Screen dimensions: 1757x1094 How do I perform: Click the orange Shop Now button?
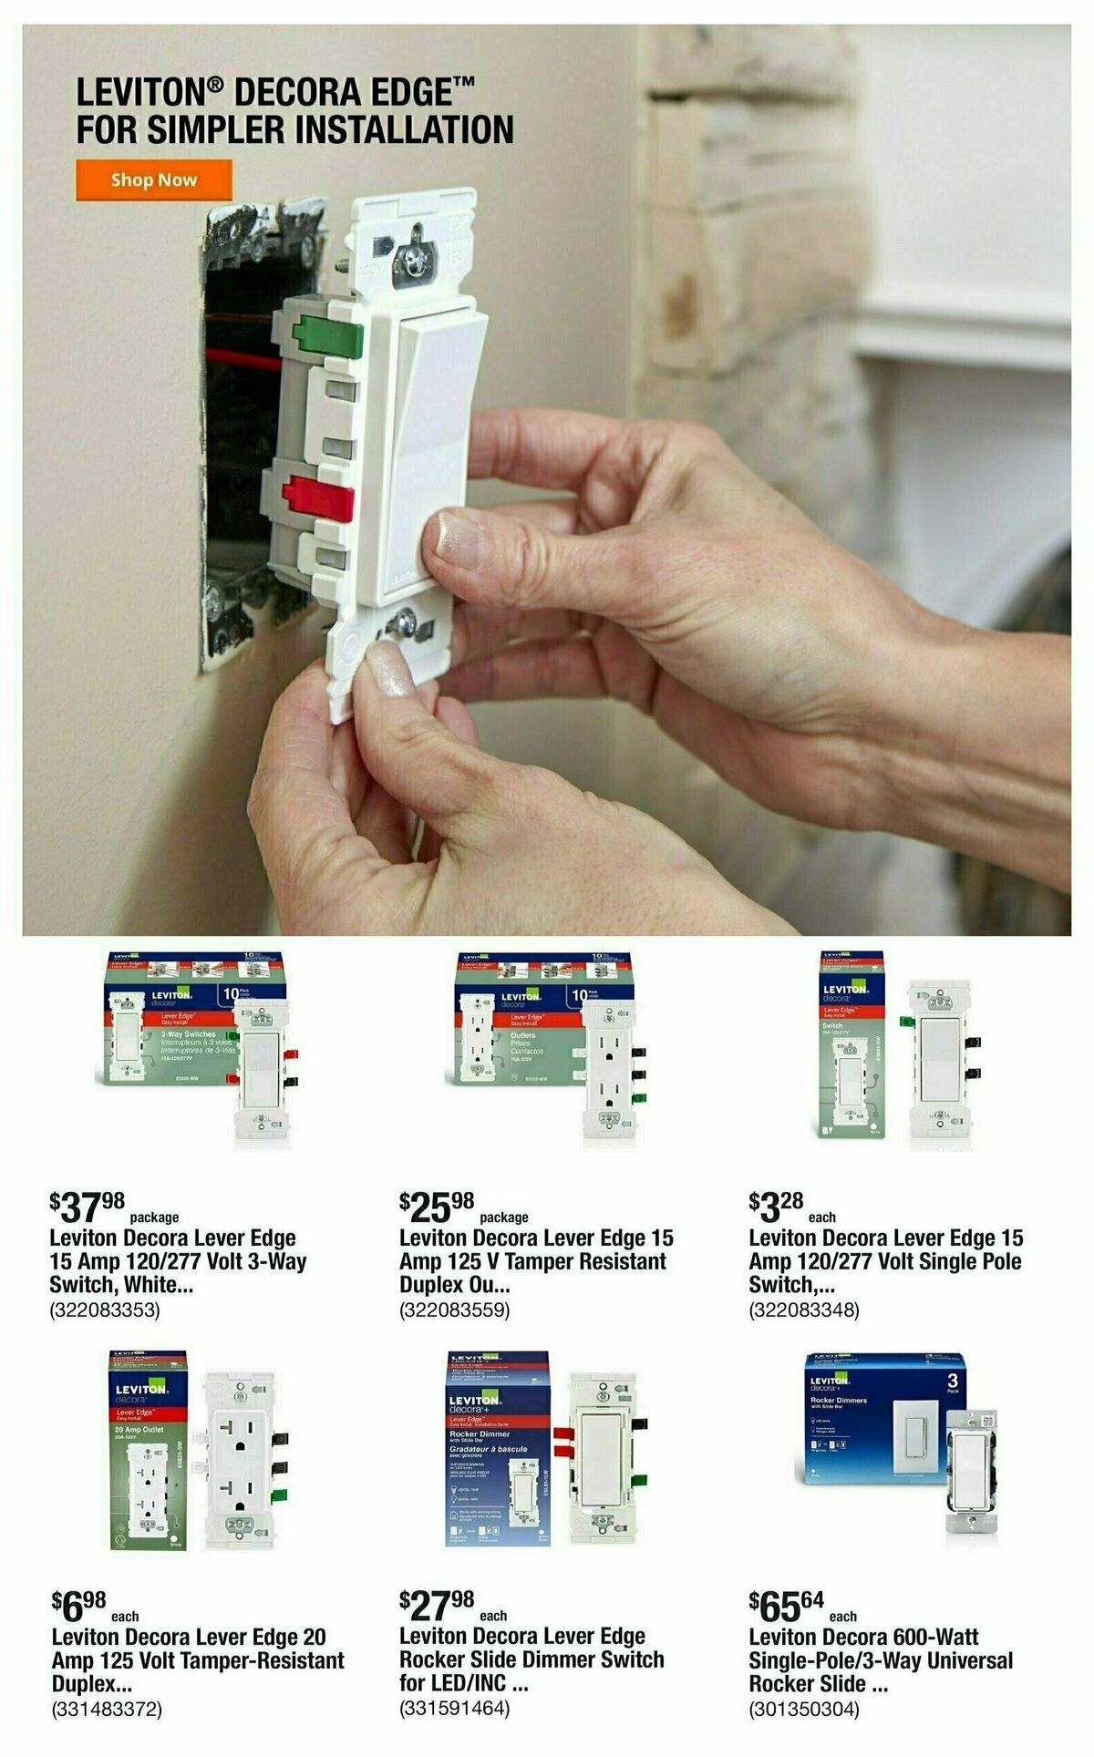(x=153, y=180)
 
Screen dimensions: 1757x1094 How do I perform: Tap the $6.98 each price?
(x=80, y=1607)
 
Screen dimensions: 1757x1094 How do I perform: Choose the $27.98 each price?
(x=438, y=1607)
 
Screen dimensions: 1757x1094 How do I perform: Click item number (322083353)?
(x=105, y=1310)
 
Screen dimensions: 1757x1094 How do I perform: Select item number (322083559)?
(x=454, y=1310)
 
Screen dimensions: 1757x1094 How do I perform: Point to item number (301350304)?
(x=804, y=1710)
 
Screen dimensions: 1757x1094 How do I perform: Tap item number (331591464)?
(x=454, y=1710)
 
